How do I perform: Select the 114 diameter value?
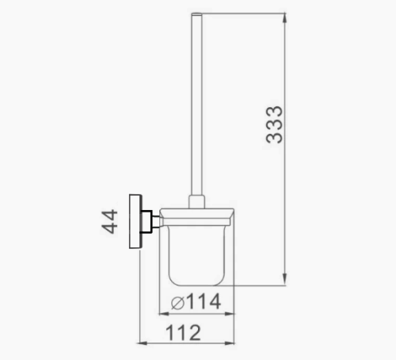pos(203,302)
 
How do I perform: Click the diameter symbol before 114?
pos(178,303)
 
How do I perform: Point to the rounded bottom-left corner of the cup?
pos(171,279)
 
